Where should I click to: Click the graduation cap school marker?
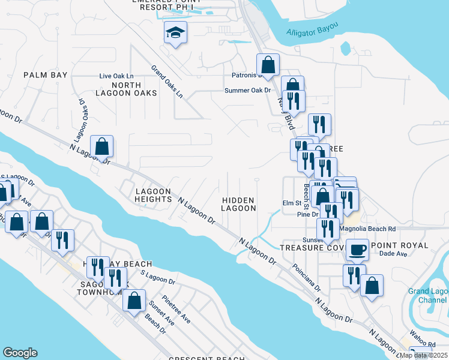[x=175, y=33]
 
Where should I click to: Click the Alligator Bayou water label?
[x=312, y=30]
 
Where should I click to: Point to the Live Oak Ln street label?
[x=116, y=76]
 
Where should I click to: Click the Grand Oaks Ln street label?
[x=167, y=82]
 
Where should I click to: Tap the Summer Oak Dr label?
[x=249, y=91]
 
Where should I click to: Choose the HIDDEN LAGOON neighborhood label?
[x=238, y=204]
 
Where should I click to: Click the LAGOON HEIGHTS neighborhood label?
[x=154, y=194]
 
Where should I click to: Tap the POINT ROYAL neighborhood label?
[x=400, y=245]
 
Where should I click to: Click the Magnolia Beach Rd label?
[x=367, y=229]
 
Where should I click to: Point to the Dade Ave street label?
[x=393, y=254]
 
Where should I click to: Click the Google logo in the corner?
[x=20, y=353]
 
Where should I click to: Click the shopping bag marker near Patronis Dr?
[x=268, y=65]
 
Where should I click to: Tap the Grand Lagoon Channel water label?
[x=427, y=295]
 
